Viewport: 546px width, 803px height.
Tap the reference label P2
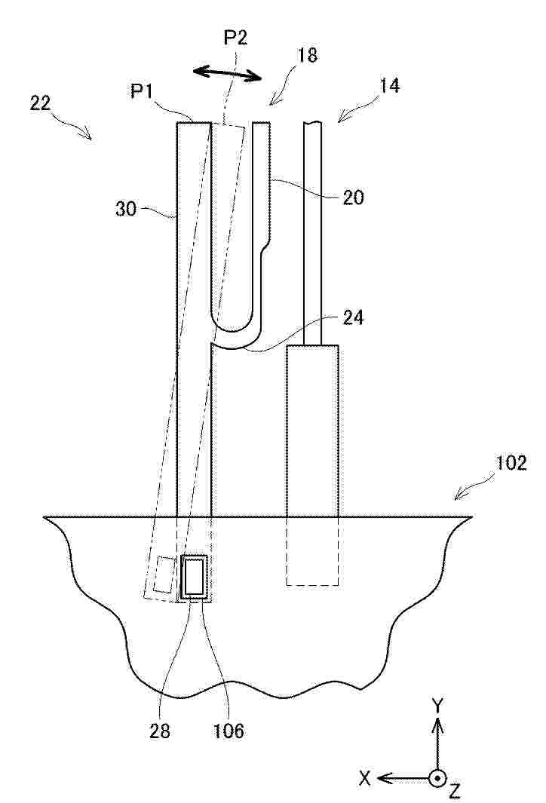(235, 38)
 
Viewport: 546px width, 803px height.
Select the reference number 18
(307, 55)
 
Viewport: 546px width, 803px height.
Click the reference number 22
(41, 103)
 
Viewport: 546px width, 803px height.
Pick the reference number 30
(126, 209)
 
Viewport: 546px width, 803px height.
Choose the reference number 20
(354, 197)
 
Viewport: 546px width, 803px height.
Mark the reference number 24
(354, 317)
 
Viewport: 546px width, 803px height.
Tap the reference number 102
(511, 463)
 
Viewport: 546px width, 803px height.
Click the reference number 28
(159, 731)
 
